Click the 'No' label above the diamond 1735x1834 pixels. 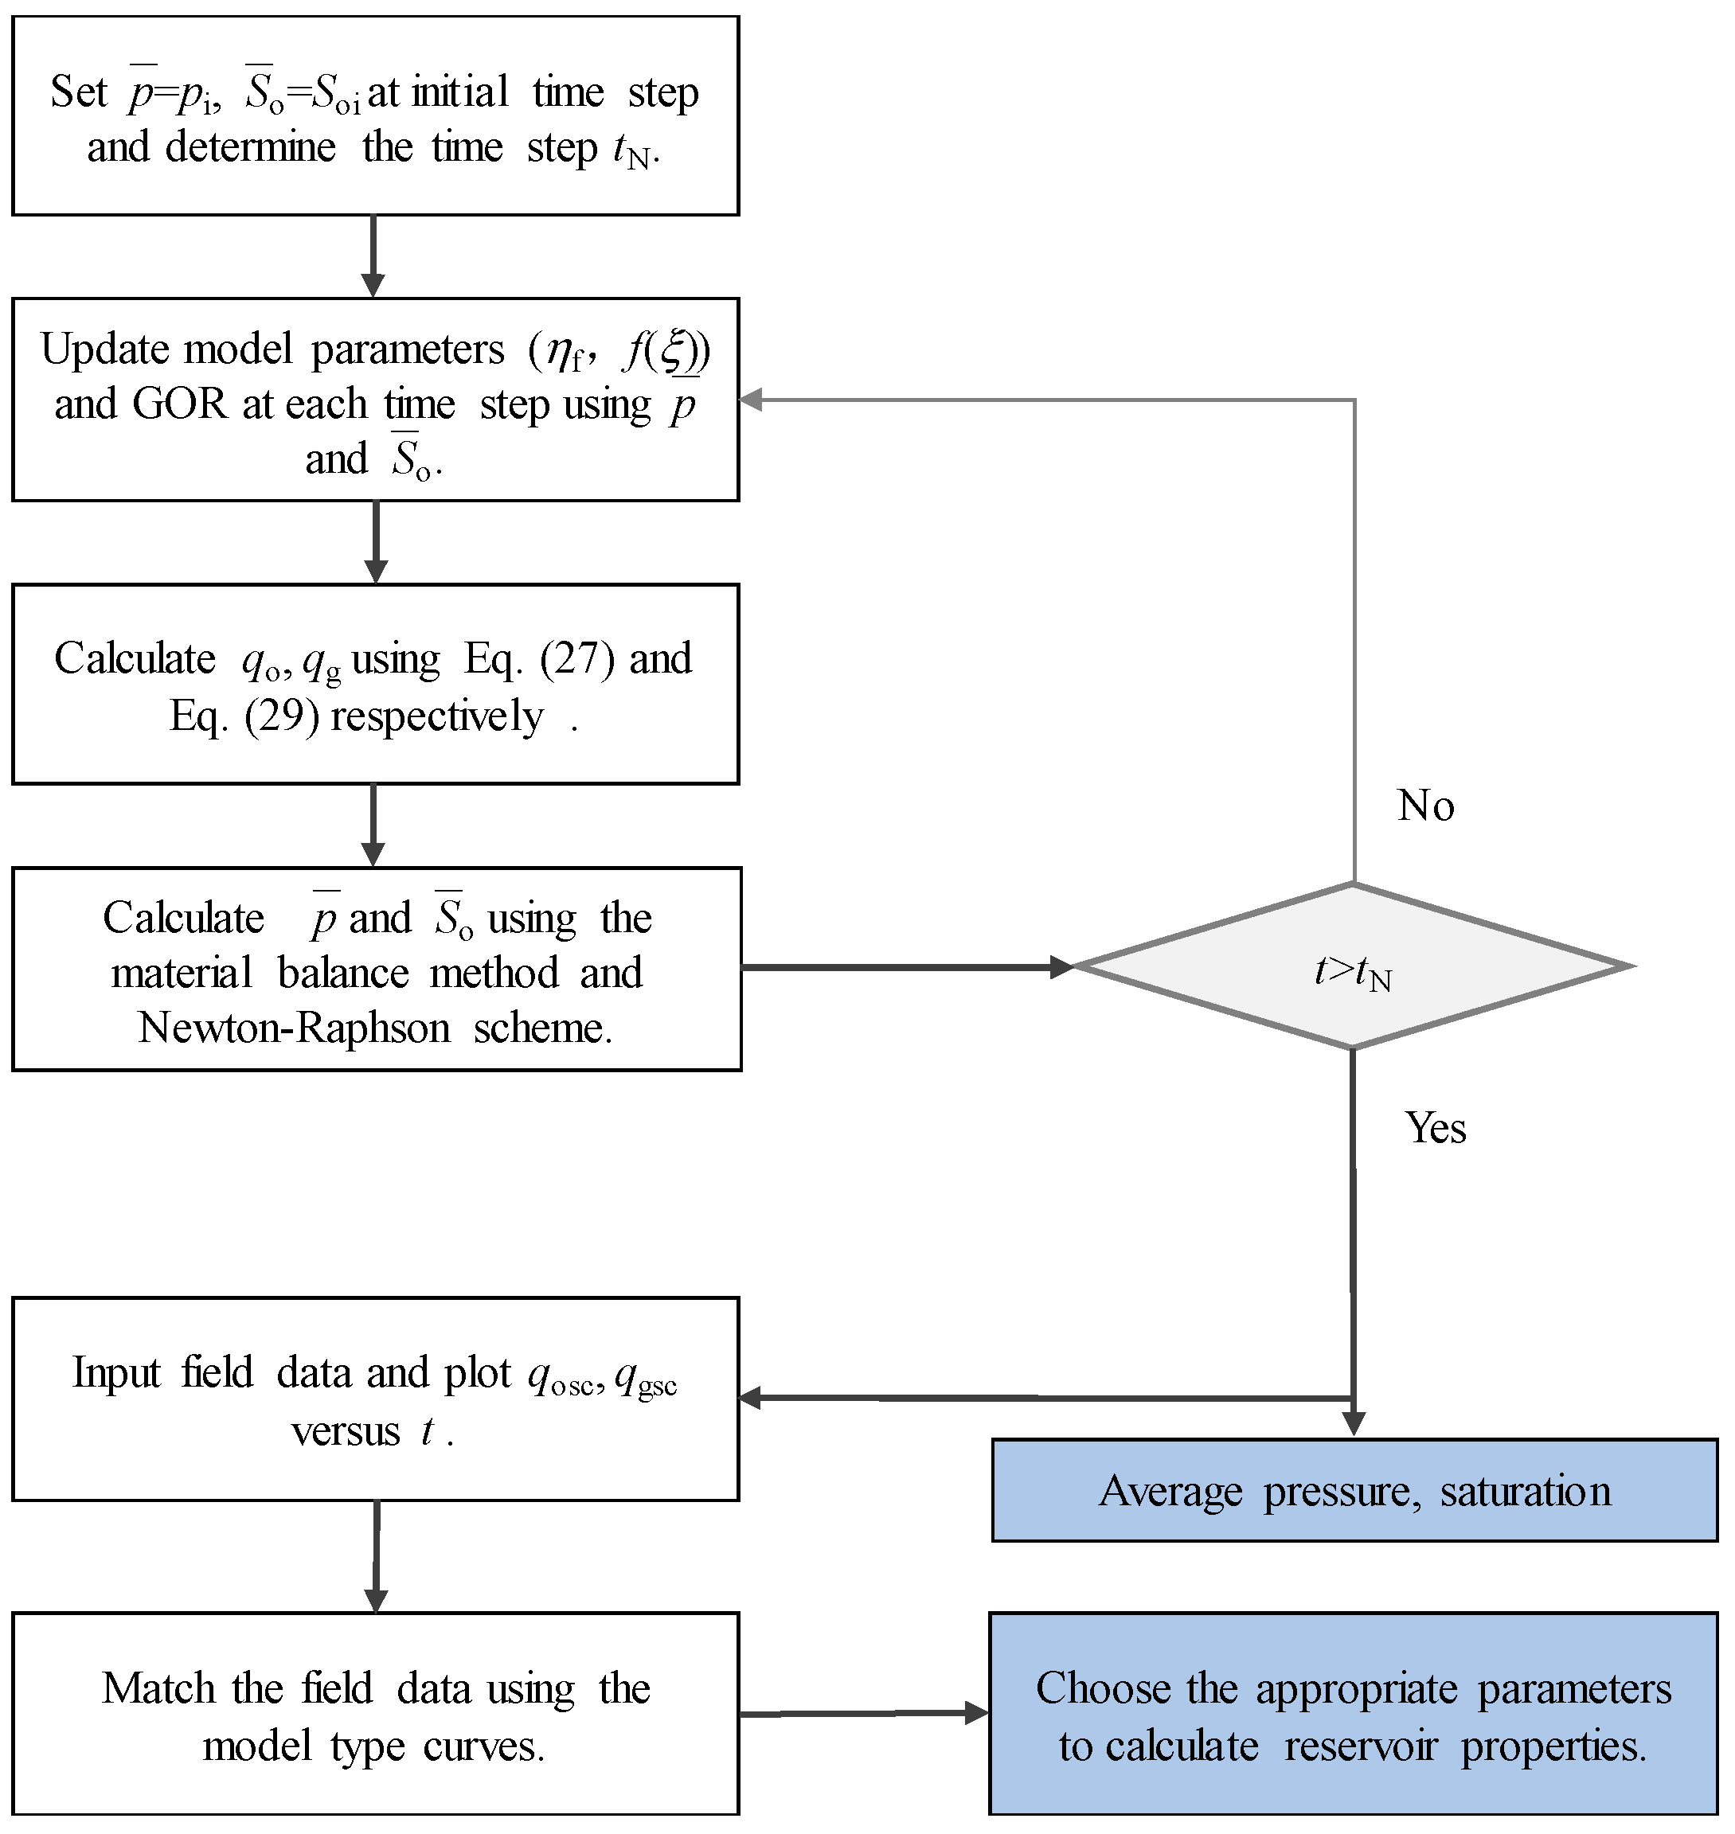point(1425,806)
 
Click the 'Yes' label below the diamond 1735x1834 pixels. point(1435,1128)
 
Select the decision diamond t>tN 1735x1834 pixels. point(1352,967)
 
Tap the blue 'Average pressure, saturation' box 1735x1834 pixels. point(1354,1491)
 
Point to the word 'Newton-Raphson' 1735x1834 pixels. point(294,1028)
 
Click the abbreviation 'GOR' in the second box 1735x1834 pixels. point(179,404)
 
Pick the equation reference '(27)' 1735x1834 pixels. point(577,659)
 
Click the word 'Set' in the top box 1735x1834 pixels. point(79,92)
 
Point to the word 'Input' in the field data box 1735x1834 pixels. point(115,1373)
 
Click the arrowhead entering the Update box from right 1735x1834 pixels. point(751,400)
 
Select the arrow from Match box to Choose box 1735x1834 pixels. point(864,1713)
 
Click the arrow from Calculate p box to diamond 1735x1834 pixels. point(906,968)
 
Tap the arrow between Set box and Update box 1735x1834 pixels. point(373,256)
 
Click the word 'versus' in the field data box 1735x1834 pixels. point(345,1432)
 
